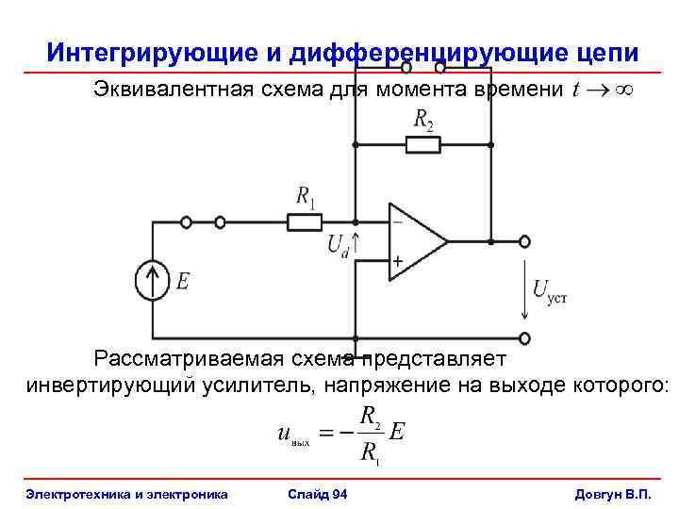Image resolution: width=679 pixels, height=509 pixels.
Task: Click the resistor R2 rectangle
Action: (x=422, y=144)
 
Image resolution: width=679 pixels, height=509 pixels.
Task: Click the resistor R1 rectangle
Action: (x=305, y=222)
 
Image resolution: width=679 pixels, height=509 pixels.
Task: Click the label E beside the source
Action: (x=183, y=280)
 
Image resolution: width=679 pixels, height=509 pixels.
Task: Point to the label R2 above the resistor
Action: (x=424, y=119)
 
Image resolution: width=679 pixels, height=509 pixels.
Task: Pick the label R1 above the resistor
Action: (x=306, y=197)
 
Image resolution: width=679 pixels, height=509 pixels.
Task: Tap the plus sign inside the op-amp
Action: (x=397, y=260)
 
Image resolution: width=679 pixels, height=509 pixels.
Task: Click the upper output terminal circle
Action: (x=524, y=241)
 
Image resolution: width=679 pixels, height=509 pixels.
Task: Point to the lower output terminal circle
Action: (x=524, y=338)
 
